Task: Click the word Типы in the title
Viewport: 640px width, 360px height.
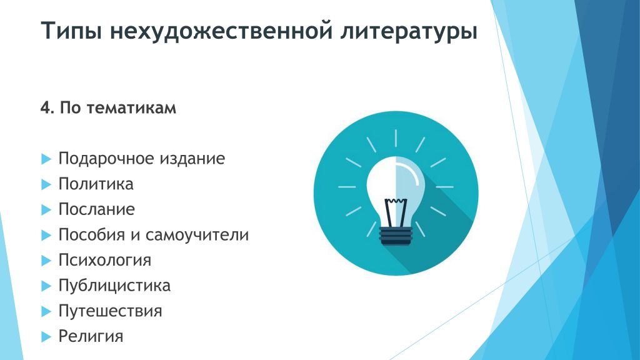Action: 71,31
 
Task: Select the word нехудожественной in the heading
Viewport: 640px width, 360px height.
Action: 221,31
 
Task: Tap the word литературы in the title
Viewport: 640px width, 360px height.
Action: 409,31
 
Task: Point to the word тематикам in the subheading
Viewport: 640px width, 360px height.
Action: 131,107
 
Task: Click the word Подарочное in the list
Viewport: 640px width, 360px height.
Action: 105,159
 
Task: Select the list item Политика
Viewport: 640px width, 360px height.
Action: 96,184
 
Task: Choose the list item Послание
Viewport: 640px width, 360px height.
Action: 96,209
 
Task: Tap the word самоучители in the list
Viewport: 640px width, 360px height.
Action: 197,235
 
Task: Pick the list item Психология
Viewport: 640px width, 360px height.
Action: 105,261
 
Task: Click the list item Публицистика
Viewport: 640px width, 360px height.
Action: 114,286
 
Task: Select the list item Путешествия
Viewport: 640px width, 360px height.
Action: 110,311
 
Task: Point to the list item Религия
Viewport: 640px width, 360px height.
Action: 91,336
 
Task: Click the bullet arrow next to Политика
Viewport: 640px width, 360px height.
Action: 46,184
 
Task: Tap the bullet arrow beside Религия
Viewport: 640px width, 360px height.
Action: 46,337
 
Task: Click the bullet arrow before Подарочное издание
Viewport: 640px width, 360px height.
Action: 46,159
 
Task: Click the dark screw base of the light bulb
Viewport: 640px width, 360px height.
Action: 396,236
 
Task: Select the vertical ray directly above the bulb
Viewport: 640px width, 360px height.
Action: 396,138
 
